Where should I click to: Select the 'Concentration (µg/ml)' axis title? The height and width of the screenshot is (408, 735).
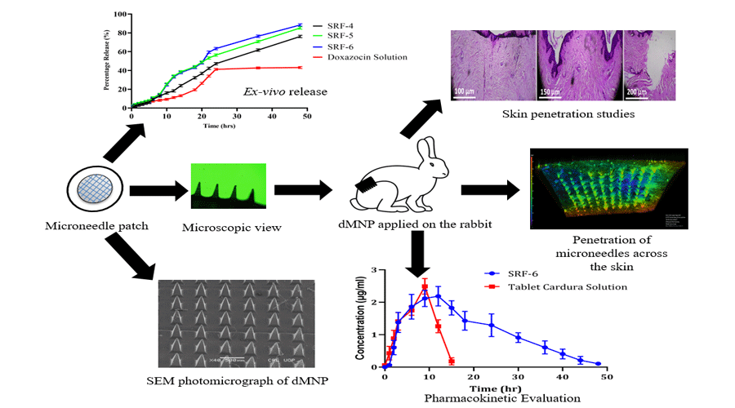click(x=362, y=313)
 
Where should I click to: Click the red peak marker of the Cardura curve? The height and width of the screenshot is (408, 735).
click(x=425, y=286)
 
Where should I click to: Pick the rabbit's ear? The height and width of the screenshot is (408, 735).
click(x=426, y=151)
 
